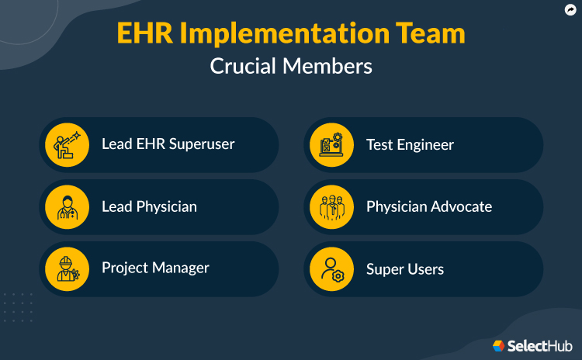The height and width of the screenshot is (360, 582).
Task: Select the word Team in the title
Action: click(x=434, y=34)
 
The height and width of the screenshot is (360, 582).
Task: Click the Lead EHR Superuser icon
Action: click(x=67, y=145)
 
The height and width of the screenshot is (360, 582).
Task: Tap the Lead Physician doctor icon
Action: click(x=67, y=207)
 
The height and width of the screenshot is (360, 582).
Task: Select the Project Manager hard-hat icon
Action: click(x=67, y=269)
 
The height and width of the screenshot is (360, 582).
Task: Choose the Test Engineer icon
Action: click(x=331, y=145)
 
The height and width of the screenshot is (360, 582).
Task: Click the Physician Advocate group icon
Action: click(x=331, y=207)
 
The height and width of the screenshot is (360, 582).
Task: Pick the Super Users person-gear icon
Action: click(x=331, y=269)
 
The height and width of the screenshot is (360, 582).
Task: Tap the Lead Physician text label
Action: click(x=149, y=206)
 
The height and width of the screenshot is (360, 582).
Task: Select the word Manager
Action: click(x=180, y=268)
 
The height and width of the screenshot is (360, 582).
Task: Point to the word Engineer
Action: click(x=425, y=144)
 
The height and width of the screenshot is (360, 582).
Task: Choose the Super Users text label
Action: click(x=405, y=269)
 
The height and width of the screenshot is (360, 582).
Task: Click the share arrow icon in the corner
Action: click(x=570, y=10)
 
